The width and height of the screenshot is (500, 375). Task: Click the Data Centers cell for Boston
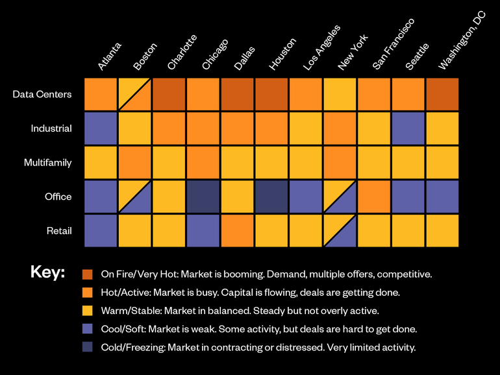coord(135,95)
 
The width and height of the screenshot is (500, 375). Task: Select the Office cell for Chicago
coord(203,197)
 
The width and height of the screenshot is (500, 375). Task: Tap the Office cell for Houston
coord(271,197)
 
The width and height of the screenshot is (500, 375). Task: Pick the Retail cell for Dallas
coord(238,230)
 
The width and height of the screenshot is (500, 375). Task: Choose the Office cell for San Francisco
coord(374,197)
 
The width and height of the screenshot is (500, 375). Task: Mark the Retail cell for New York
coord(340,230)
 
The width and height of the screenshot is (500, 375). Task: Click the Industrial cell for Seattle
coord(408,128)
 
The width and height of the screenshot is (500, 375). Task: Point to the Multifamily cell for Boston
coord(135,162)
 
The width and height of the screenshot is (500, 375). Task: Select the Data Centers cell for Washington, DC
coord(442,95)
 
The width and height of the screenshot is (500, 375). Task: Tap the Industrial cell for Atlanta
coord(101,128)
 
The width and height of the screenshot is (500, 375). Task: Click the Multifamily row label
coord(47,163)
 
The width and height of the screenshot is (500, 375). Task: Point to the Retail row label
coord(58,231)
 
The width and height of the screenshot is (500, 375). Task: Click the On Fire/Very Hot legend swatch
coord(88,274)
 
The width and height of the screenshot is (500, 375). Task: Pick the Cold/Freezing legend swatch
coord(88,347)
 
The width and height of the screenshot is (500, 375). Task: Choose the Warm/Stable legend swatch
coord(88,311)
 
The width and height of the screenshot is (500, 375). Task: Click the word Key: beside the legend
coord(47,272)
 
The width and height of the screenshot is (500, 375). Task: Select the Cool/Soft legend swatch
coord(88,329)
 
